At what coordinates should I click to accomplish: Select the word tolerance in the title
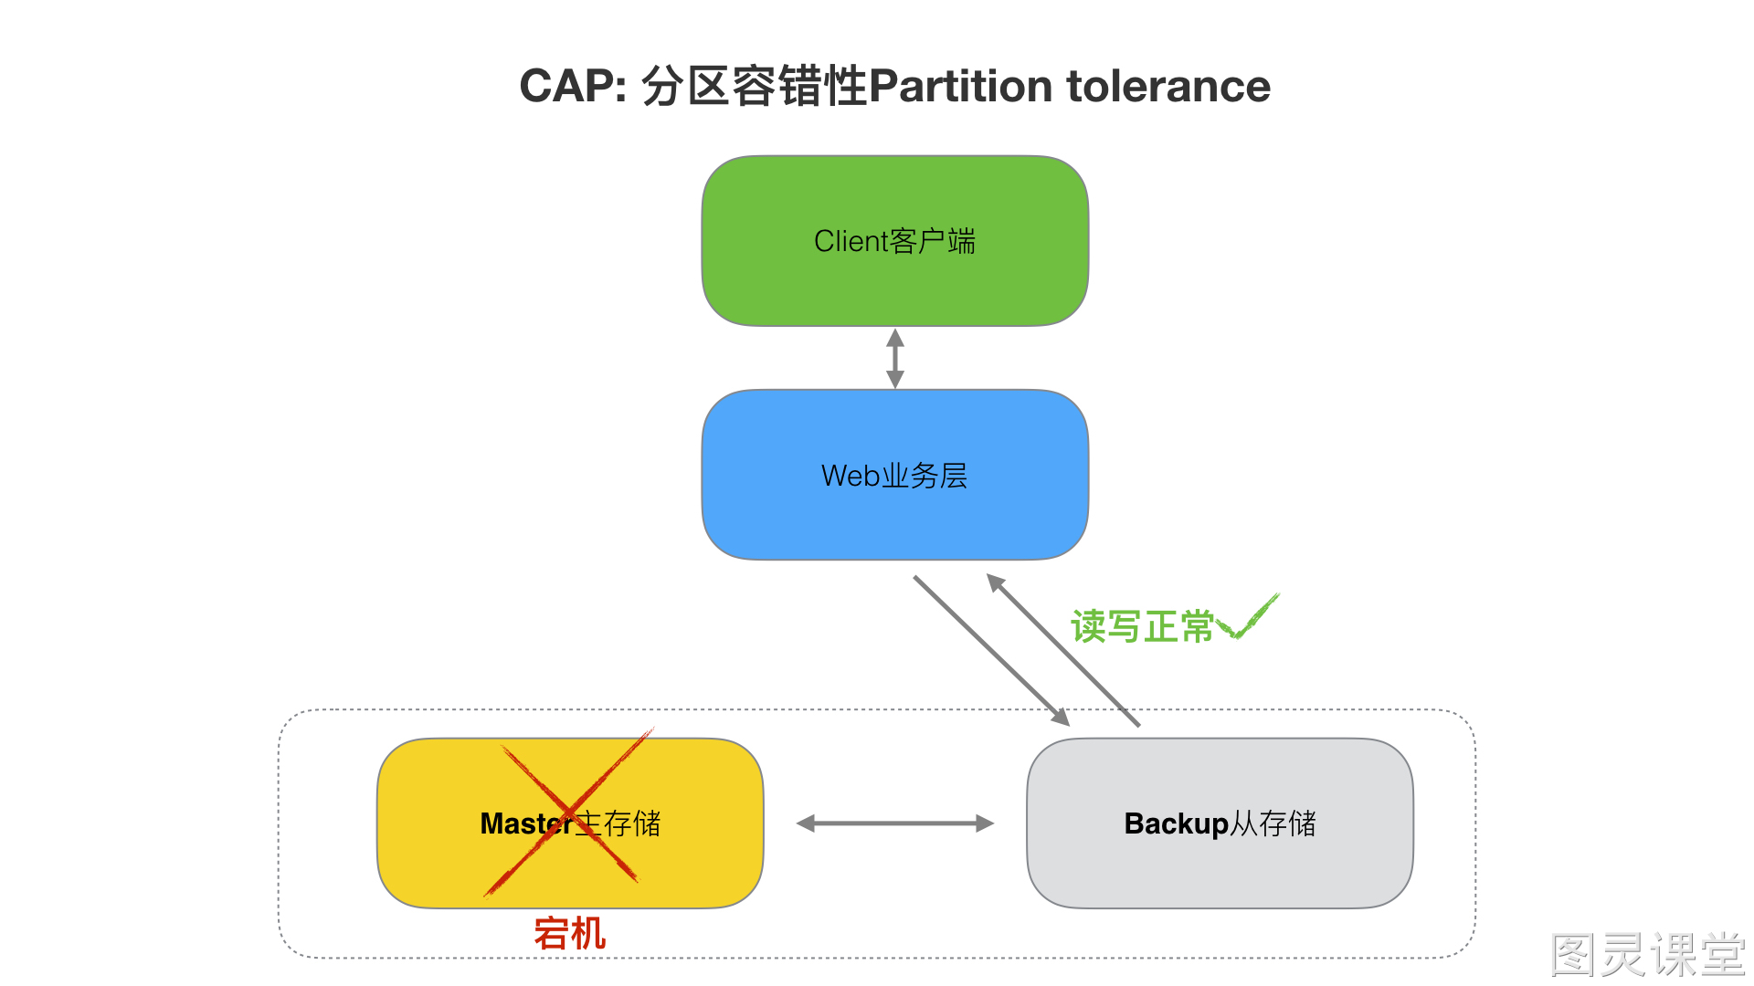tap(1168, 87)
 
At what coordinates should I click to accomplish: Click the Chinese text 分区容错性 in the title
tap(754, 87)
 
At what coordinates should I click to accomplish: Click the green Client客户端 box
tap(895, 241)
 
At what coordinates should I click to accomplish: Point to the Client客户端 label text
tap(895, 241)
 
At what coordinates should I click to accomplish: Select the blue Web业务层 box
tap(895, 475)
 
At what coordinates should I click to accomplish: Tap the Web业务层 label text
tap(895, 476)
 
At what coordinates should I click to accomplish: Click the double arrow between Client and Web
tap(895, 358)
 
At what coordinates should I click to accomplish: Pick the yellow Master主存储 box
tap(570, 823)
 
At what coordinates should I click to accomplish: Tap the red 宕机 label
tap(570, 934)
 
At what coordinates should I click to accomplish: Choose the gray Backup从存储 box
tap(1220, 823)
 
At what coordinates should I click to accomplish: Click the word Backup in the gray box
tap(1176, 823)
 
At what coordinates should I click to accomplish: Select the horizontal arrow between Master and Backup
tap(895, 823)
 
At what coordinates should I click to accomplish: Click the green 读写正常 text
tap(1142, 627)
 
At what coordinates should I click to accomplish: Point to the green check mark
tap(1248, 617)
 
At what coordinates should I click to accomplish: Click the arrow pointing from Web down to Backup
tap(992, 651)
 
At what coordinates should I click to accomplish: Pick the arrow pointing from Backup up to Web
tap(1063, 650)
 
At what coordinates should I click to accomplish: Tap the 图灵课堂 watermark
tap(1648, 955)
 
